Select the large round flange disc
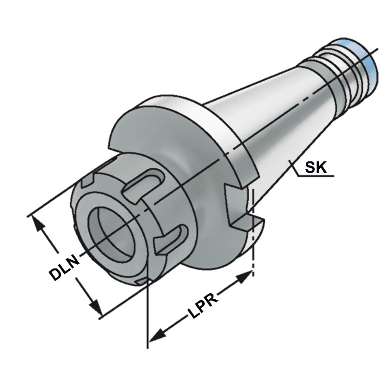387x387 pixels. [x=193, y=145]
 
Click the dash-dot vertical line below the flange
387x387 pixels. [x=253, y=242]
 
